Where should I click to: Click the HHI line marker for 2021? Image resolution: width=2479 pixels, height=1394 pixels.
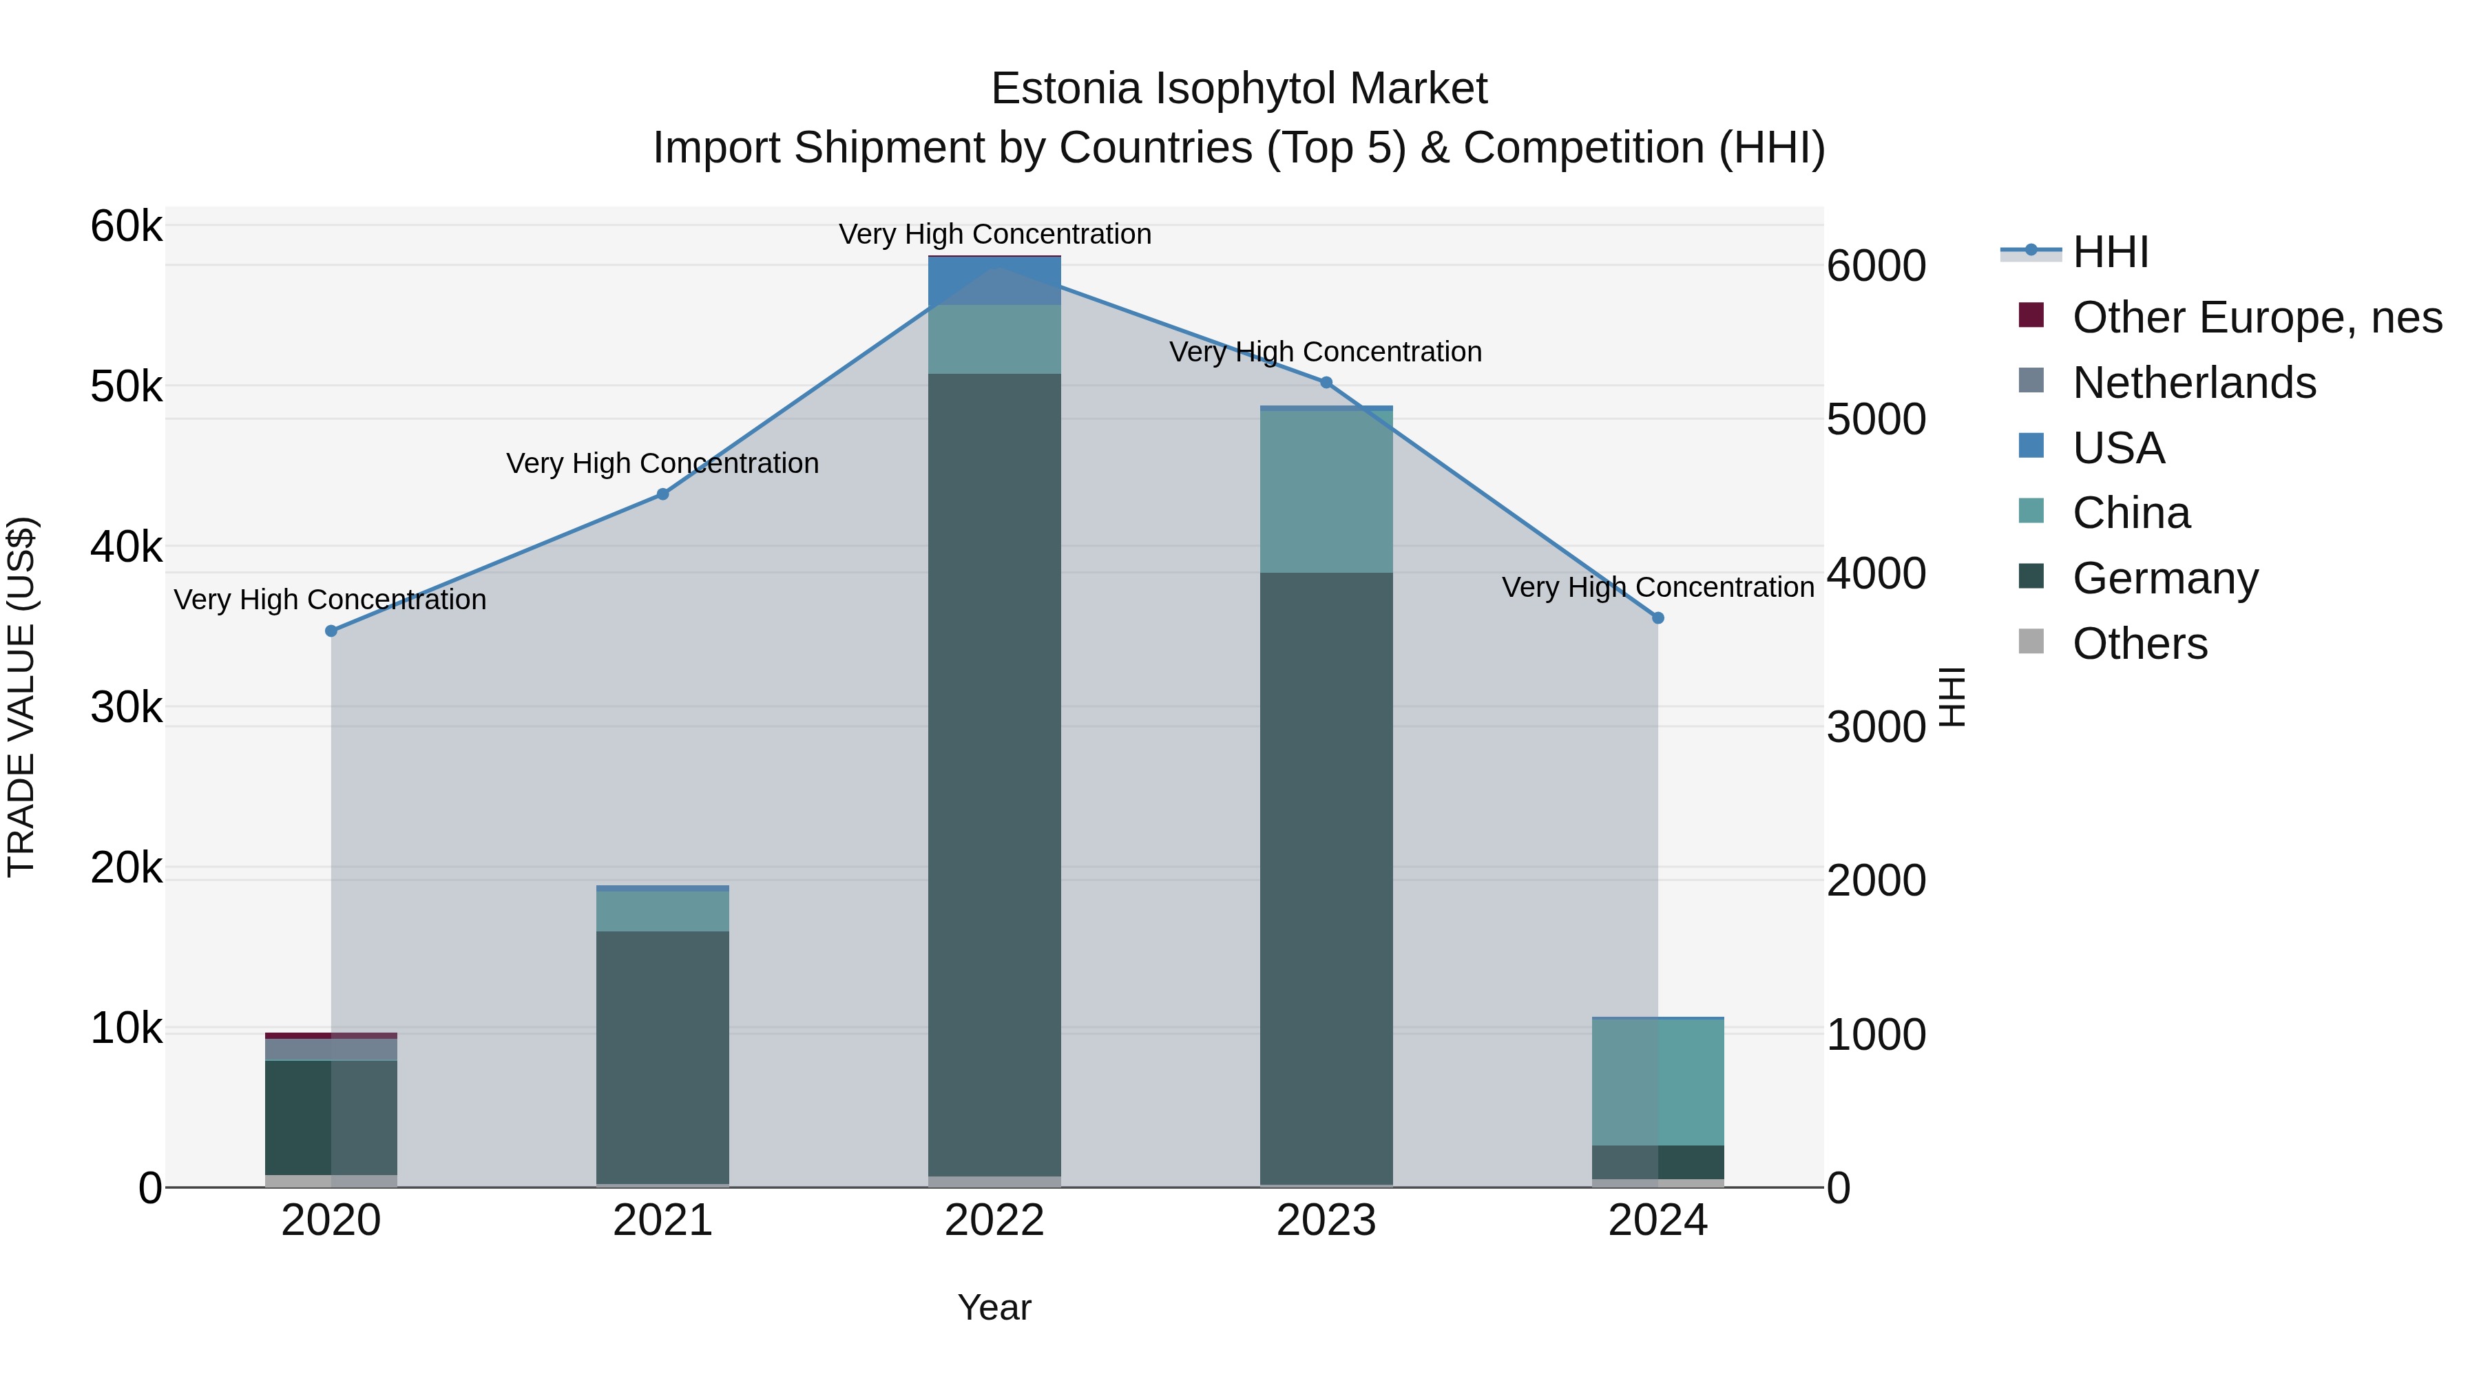click(662, 494)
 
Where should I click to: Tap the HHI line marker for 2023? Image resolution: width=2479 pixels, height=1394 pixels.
click(1325, 383)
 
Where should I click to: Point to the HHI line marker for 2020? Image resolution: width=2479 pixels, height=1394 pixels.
click(331, 631)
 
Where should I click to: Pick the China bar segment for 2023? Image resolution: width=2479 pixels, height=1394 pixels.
click(1325, 492)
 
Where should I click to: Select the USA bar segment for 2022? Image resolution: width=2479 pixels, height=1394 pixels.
click(994, 281)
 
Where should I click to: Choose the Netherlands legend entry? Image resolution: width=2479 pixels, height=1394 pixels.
click(2193, 383)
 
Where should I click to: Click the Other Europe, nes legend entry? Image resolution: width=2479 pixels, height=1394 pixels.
click(2256, 317)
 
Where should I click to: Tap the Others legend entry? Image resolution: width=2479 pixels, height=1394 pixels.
click(2140, 644)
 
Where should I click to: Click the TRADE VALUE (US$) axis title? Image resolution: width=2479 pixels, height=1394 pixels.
click(21, 697)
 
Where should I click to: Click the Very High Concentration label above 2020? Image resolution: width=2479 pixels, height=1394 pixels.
click(330, 600)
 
